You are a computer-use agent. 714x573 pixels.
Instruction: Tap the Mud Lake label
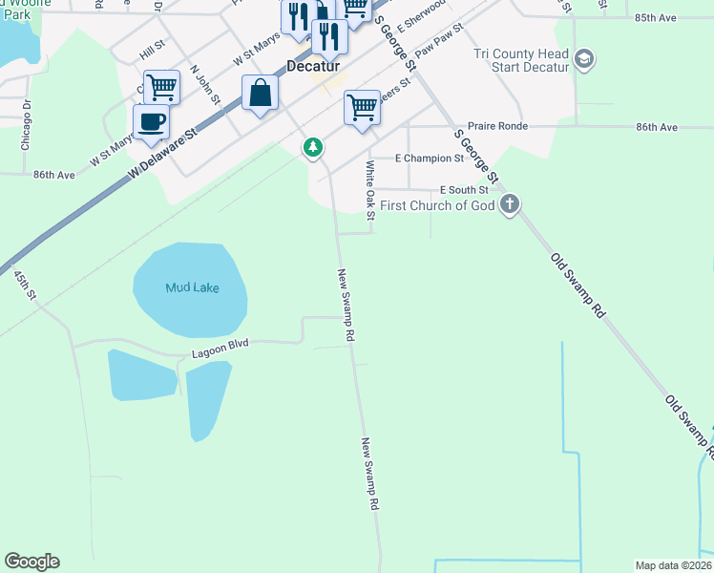192,287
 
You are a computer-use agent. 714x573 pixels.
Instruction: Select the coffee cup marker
151,123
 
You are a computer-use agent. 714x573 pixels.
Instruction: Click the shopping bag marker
261,94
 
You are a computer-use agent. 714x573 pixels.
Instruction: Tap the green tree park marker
312,148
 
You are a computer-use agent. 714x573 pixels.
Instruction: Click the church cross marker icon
511,204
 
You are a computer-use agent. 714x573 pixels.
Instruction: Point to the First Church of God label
439,205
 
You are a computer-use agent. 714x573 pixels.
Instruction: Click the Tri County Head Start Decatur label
521,61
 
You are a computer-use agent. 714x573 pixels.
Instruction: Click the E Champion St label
430,158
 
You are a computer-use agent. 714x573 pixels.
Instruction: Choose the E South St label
464,190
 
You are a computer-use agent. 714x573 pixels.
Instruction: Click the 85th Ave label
655,18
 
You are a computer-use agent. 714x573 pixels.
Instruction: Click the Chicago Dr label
27,125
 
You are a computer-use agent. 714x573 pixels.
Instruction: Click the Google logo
31,562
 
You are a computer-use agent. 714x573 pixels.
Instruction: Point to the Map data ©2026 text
673,565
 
